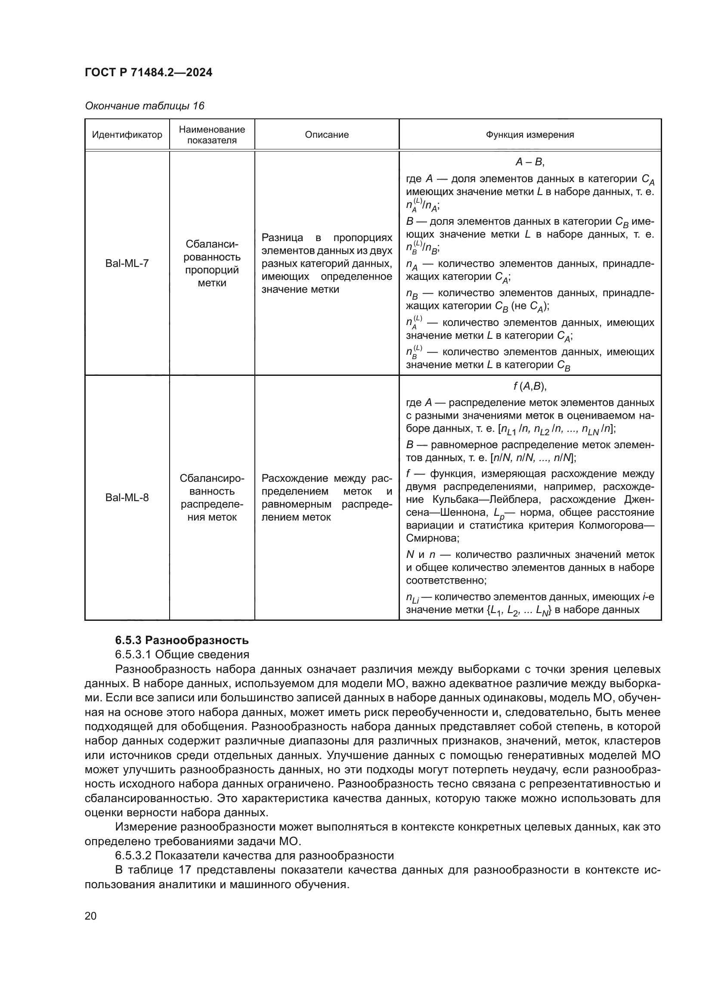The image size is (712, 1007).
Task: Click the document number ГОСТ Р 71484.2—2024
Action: (148, 72)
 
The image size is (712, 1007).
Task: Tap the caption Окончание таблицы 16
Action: (144, 106)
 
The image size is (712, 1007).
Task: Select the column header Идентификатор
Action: (127, 135)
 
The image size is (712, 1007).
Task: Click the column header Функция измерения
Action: (529, 135)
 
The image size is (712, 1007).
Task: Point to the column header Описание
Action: (327, 135)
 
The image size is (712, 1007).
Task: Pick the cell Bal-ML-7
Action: (127, 263)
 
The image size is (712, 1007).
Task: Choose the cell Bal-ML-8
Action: (127, 497)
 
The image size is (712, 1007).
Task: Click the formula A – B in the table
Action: (529, 162)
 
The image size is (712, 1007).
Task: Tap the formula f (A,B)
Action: (529, 386)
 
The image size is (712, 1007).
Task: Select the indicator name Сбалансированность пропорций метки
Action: (212, 263)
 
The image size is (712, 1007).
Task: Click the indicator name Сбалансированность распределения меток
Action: (212, 497)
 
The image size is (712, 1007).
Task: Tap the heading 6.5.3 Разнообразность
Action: (182, 640)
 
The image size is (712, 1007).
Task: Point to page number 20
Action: (91, 916)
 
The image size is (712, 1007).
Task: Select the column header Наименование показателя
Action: (212, 135)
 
